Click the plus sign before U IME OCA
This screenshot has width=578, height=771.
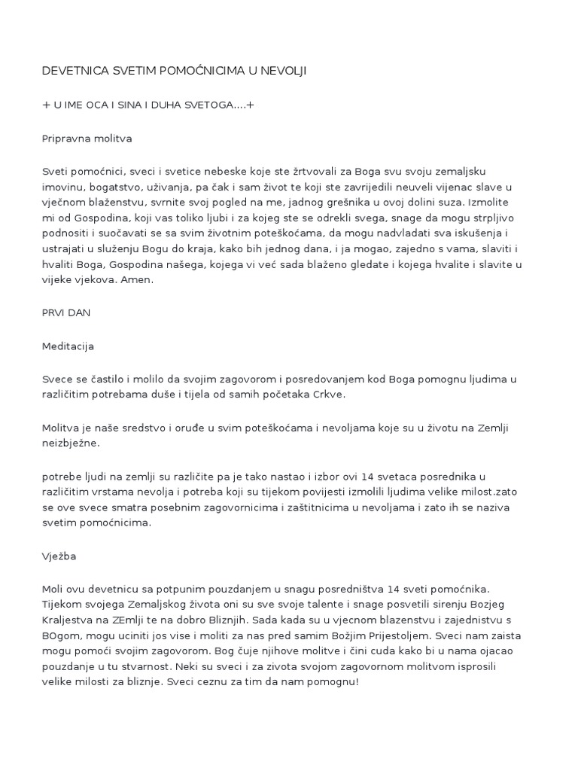pyautogui.click(x=45, y=105)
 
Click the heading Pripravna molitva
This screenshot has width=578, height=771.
pyautogui.click(x=87, y=139)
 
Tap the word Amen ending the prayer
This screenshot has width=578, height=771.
pyautogui.click(x=137, y=279)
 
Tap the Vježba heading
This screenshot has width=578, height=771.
pyautogui.click(x=59, y=557)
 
